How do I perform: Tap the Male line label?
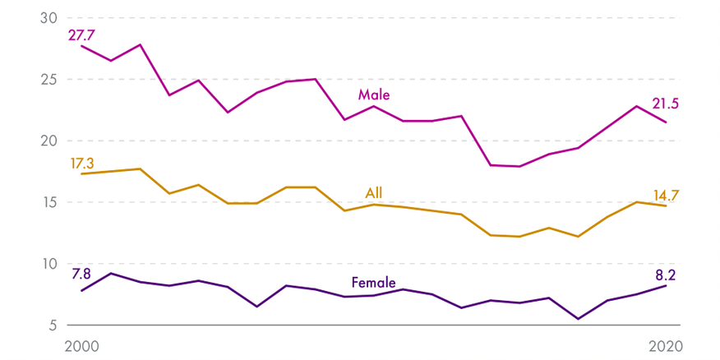(374, 95)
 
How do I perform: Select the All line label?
(374, 193)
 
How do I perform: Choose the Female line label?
(374, 282)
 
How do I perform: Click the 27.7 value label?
(83, 35)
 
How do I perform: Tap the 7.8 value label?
(81, 274)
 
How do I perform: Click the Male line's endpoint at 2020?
(666, 122)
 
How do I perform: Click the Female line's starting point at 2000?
(81, 291)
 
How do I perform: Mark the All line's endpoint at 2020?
(666, 205)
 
